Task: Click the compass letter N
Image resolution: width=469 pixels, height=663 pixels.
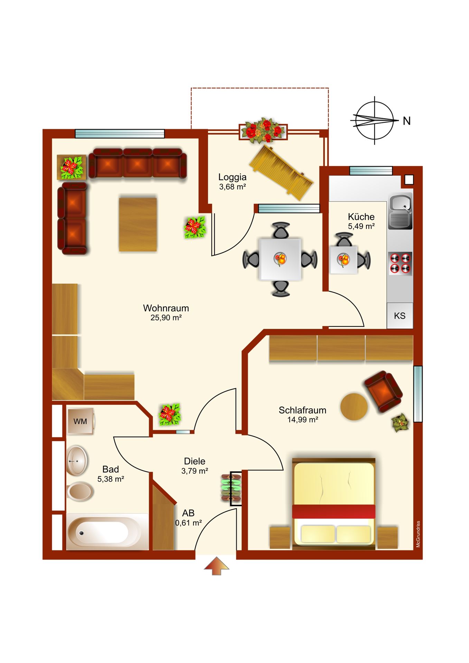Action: click(x=407, y=121)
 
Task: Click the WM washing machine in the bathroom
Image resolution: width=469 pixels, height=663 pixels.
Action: click(x=81, y=421)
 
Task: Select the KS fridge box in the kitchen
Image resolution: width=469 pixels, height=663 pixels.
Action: click(x=400, y=316)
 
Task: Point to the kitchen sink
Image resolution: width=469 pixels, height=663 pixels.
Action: click(x=401, y=211)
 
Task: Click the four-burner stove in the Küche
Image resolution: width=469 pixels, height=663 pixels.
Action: click(x=401, y=263)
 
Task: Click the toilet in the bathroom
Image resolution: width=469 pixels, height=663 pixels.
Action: click(x=80, y=491)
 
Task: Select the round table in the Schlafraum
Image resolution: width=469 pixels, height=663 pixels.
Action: click(x=354, y=407)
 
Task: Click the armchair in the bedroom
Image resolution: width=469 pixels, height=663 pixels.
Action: click(x=383, y=392)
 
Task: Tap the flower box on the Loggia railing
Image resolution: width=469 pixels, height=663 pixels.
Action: click(x=263, y=131)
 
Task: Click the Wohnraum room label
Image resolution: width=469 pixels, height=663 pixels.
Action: click(x=166, y=308)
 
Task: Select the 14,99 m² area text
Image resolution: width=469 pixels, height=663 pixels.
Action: click(x=303, y=420)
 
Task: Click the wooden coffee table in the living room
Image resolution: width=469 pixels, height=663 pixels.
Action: click(x=138, y=224)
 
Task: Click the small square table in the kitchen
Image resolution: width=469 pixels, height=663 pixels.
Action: click(x=343, y=260)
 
